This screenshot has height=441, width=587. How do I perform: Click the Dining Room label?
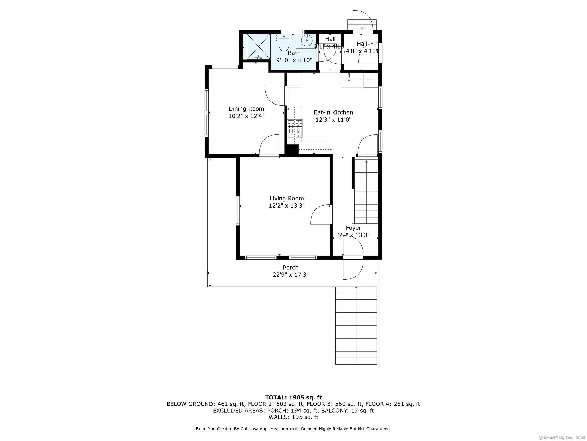246,109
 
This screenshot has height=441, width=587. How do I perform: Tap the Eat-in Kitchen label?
333,113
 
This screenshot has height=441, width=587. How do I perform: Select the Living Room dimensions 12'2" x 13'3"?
287,206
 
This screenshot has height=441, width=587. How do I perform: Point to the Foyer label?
353,228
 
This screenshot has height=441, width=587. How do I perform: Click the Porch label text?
291,268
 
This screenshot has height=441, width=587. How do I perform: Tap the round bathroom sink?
307,40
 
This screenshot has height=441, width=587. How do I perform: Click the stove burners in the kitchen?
295,129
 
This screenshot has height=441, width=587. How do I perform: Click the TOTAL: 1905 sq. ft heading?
293,398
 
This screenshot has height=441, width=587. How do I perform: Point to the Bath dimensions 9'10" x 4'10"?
294,60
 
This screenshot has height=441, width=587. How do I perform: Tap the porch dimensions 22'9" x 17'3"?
291,275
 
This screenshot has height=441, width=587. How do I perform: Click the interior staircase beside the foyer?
366,191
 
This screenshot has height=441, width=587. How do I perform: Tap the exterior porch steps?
356,326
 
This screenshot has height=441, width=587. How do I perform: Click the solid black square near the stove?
293,150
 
